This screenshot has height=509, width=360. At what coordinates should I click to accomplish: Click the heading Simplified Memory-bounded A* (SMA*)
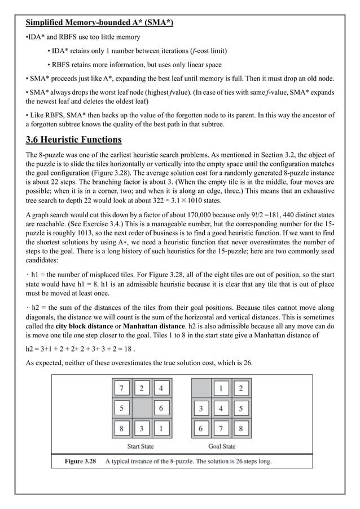(x=99, y=23)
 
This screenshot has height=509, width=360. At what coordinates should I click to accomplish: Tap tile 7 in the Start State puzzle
(x=122, y=388)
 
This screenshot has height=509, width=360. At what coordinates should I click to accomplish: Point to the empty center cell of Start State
(x=142, y=408)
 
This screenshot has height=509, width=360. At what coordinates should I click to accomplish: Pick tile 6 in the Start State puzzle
(x=161, y=408)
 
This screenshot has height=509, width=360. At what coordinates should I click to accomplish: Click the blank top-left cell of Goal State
(x=201, y=388)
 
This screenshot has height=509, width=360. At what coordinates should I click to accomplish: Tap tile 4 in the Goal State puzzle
(x=221, y=408)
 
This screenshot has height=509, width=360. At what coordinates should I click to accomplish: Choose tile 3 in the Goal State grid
(x=201, y=408)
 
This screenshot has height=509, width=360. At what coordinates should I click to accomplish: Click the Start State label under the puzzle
(x=141, y=446)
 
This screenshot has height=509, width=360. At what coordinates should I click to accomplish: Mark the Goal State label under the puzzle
(x=221, y=446)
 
